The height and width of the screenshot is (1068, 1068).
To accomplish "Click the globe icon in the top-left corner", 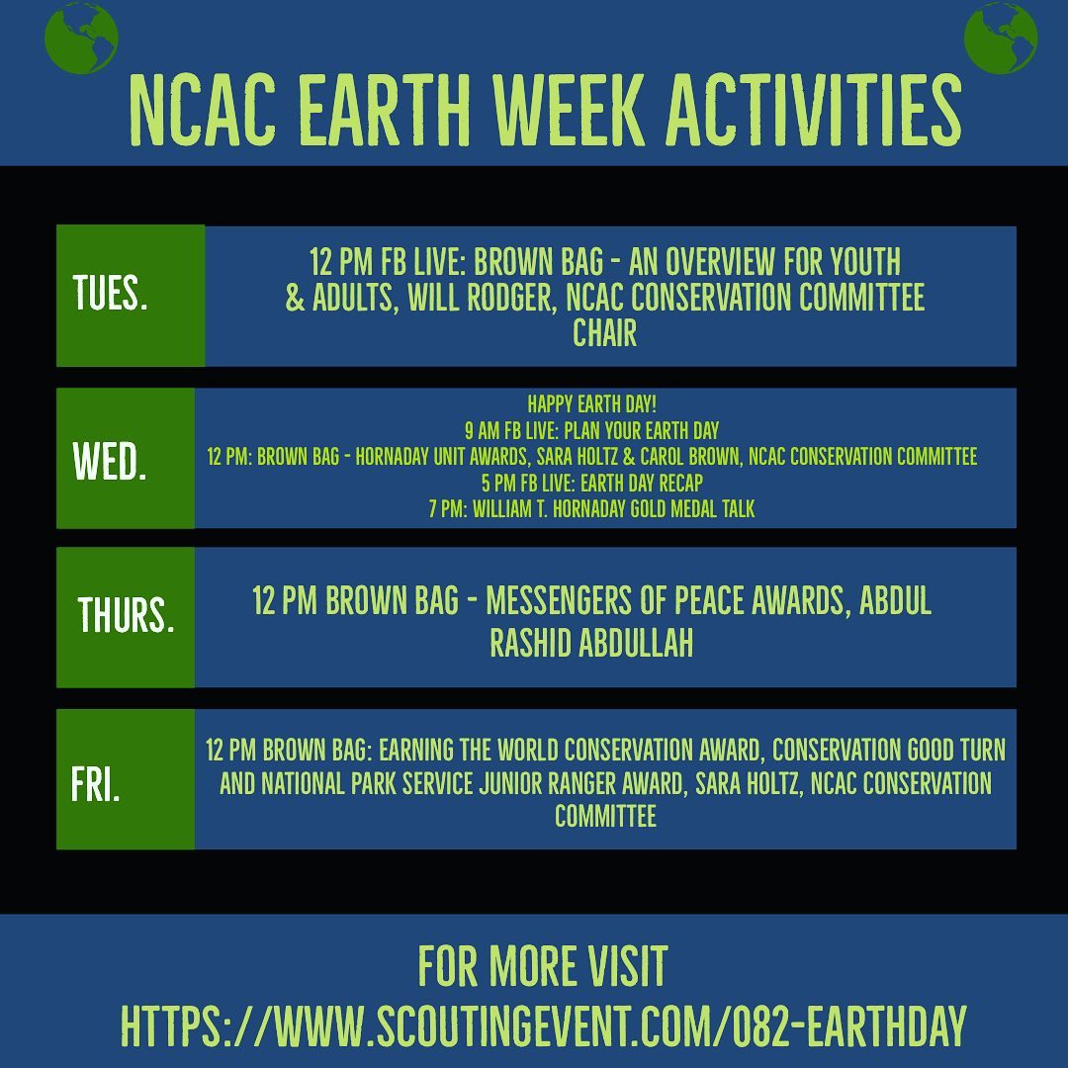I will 81,37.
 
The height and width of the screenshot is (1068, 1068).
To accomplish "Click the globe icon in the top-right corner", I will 1000,37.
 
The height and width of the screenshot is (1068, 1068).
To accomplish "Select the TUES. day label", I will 110,296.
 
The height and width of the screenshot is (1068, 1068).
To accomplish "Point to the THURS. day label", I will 127,616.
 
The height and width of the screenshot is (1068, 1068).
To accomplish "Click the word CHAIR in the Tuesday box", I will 604,333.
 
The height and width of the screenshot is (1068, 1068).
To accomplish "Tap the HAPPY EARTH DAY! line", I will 605,404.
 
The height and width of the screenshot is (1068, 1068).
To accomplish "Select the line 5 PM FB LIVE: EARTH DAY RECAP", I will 605,483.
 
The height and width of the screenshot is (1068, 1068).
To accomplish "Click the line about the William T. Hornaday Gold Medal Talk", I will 605,509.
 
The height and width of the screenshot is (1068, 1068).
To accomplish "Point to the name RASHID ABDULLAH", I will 591,644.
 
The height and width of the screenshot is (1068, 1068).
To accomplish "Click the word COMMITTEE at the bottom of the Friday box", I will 605,817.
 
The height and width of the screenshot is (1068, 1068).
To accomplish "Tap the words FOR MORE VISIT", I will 543,966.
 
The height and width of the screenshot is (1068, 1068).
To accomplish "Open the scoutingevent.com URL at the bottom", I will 543,1026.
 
